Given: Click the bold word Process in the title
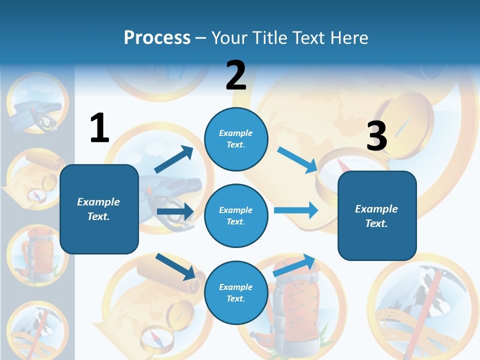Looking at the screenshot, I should pyautogui.click(x=157, y=37).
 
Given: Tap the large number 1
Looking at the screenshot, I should pyautogui.click(x=99, y=128).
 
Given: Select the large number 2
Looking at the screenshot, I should pyautogui.click(x=236, y=75).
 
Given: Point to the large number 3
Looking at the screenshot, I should pyautogui.click(x=376, y=136).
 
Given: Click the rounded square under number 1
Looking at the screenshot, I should pyautogui.click(x=99, y=209).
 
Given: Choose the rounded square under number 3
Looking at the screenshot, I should pyautogui.click(x=377, y=215).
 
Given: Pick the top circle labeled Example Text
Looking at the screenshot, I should pyautogui.click(x=236, y=139).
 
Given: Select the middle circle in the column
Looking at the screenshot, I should pyautogui.click(x=236, y=215).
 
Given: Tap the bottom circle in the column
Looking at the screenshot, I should pyautogui.click(x=236, y=292).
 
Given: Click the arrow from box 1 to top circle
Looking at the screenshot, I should pyautogui.click(x=173, y=159).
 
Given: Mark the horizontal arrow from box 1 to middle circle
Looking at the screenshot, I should pyautogui.click(x=175, y=211).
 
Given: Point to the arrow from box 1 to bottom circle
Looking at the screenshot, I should pyautogui.click(x=175, y=266).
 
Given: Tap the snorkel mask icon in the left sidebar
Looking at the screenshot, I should pyautogui.click(x=37, y=105).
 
